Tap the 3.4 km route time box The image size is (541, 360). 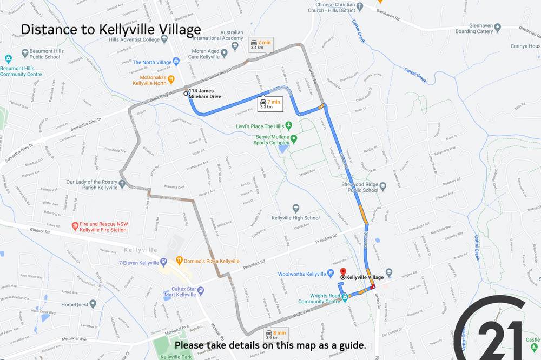[x=260, y=45]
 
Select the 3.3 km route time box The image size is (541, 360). [x=270, y=104]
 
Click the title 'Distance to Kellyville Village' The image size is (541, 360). [x=110, y=30]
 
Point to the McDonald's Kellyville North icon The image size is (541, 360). [x=171, y=79]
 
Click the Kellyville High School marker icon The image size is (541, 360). [x=296, y=208]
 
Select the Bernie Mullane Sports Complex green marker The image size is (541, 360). [x=294, y=139]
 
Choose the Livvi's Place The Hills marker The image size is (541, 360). [x=289, y=126]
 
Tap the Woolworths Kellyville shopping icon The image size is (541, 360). [x=331, y=274]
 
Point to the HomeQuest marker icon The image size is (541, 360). [x=93, y=304]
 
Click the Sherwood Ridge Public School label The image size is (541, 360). [x=355, y=186]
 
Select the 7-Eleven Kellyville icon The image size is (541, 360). [x=163, y=262]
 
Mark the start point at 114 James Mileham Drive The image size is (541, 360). [x=186, y=94]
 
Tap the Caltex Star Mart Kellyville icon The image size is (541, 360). [x=201, y=291]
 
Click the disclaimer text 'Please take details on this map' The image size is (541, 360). [x=270, y=345]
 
